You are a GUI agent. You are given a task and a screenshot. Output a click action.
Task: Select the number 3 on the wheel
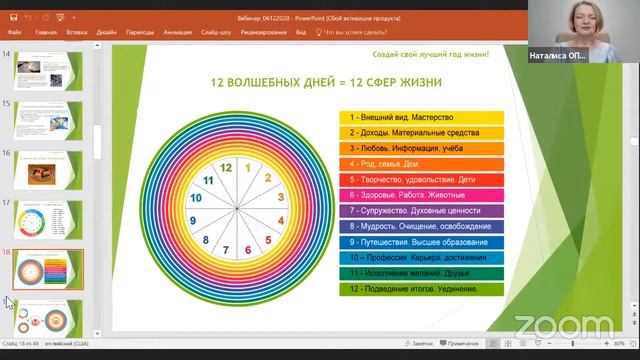pos(280,199)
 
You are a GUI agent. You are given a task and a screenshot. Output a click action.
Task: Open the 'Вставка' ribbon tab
pos(77,32)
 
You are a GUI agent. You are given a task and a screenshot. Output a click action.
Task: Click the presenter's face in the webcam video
pos(581,24)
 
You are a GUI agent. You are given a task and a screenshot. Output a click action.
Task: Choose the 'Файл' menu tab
pos(15,32)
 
